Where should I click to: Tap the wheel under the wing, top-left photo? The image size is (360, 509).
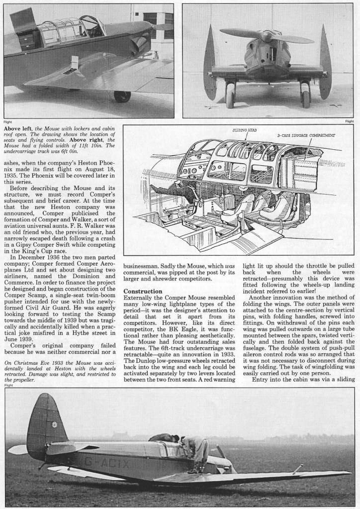click(121, 96)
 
